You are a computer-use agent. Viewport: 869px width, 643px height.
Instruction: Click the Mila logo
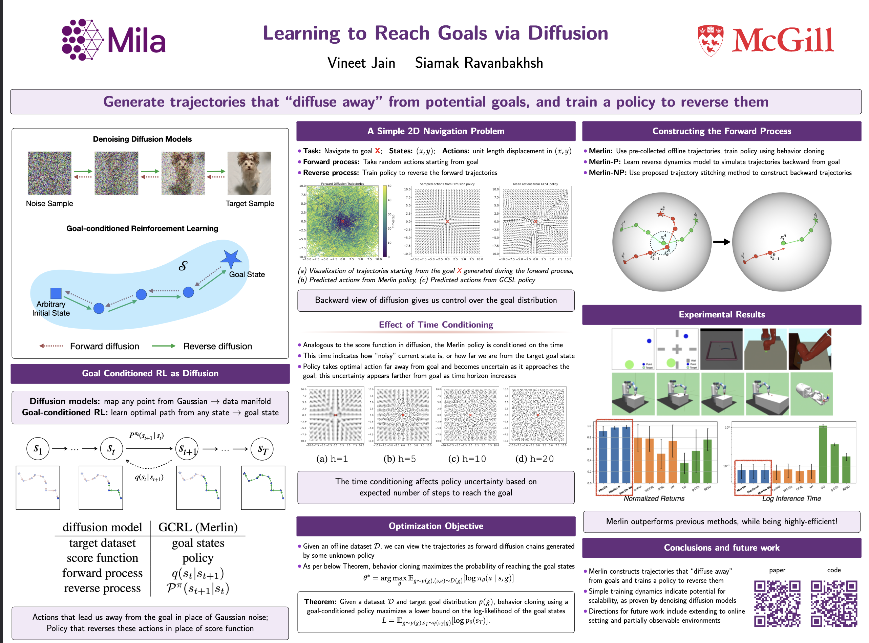coord(113,40)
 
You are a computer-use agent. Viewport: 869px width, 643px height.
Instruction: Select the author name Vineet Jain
coord(361,63)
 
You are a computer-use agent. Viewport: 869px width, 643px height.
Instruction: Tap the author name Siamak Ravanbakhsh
coord(479,63)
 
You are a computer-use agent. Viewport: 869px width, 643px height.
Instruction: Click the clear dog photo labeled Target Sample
coord(249,173)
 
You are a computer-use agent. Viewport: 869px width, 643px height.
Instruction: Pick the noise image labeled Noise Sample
coord(49,173)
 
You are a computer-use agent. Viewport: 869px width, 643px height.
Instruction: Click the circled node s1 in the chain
coord(38,449)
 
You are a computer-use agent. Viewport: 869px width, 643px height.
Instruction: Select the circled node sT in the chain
coord(262,449)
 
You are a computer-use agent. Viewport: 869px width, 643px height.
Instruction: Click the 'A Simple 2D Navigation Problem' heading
coord(436,131)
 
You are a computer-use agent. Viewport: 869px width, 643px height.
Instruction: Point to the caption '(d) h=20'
coord(534,459)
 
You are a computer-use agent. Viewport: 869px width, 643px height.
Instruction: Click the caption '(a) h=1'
coord(332,459)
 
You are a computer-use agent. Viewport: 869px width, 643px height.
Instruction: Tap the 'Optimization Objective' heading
coord(436,526)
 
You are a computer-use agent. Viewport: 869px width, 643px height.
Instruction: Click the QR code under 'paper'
coord(777,603)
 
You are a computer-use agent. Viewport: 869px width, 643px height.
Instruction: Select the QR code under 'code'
coord(833,603)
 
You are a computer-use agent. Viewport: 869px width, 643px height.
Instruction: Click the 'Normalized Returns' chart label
coord(654,498)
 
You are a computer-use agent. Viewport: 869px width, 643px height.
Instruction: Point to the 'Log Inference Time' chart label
coord(791,498)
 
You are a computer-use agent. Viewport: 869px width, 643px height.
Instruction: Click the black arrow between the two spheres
coord(721,242)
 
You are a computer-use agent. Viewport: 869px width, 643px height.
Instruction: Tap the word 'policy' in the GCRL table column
coord(198,558)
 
